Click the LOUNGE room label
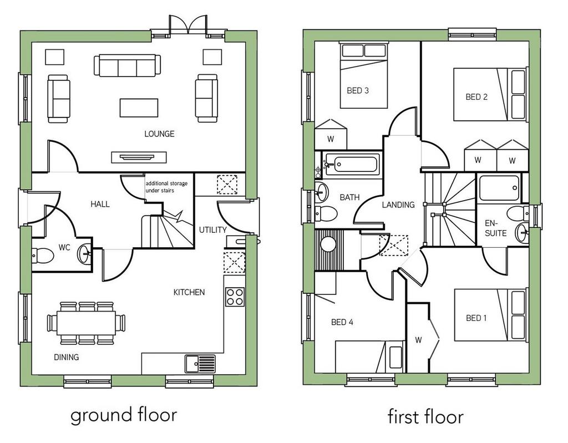point(159,134)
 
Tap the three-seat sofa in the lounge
point(127,65)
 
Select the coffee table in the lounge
point(139,108)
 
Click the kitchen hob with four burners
point(235,297)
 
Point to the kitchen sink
point(200,363)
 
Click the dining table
point(86,323)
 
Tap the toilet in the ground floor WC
point(43,256)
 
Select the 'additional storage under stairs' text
point(166,187)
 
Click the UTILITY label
point(212,230)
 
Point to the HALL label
point(100,204)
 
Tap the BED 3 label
point(358,90)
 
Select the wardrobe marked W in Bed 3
point(331,134)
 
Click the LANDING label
point(398,205)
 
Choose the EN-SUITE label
point(495,228)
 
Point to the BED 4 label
point(342,322)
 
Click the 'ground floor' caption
point(124,415)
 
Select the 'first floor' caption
point(425,416)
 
